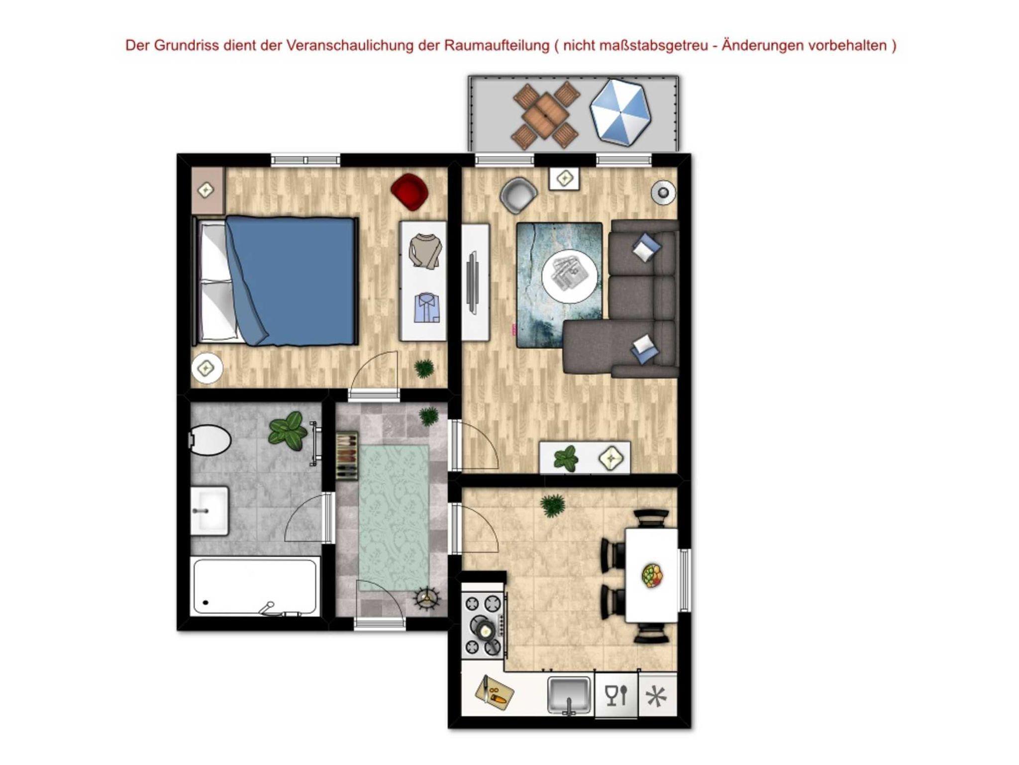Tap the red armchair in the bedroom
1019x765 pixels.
coord(409,191)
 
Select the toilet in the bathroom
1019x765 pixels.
coord(209,440)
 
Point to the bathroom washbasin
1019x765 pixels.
coord(210,511)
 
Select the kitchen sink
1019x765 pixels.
coord(570,695)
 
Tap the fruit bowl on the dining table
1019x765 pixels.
coord(652,576)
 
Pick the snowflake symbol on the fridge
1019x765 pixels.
coord(656,696)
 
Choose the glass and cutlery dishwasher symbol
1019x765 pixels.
coord(616,695)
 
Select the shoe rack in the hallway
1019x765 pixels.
coord(347,456)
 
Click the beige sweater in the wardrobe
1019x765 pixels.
coord(425,251)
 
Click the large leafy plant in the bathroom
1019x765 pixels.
coord(288,430)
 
